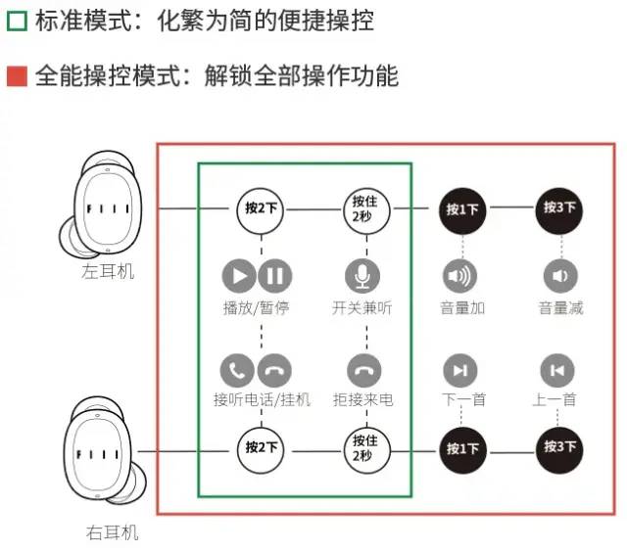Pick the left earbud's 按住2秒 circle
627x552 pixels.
point(363,207)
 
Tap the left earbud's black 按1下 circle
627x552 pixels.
point(462,209)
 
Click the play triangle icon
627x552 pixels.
point(239,276)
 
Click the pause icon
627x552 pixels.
point(275,276)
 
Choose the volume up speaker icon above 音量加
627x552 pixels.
point(460,276)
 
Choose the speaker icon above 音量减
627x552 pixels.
point(559,276)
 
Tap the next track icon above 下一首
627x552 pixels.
point(460,370)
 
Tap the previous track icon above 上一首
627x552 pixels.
point(557,370)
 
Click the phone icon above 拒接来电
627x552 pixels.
point(363,370)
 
